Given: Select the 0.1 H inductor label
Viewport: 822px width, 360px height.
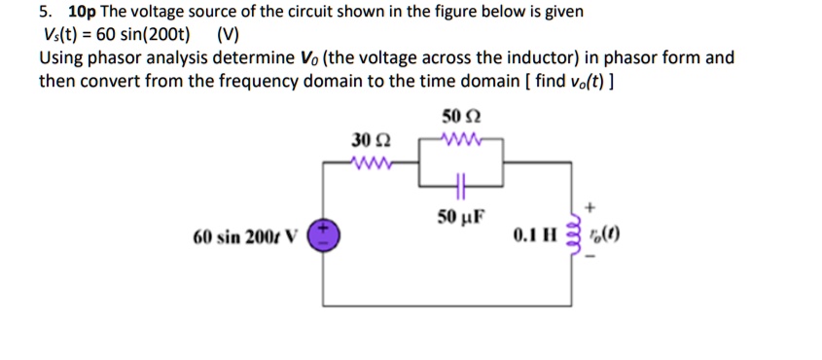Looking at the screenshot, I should tap(536, 235).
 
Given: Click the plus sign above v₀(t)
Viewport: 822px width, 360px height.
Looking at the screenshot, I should tap(590, 206).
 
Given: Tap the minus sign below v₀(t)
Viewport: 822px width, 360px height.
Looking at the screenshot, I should tap(590, 266).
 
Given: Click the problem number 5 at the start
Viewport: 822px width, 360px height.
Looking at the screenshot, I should tap(45, 13).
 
